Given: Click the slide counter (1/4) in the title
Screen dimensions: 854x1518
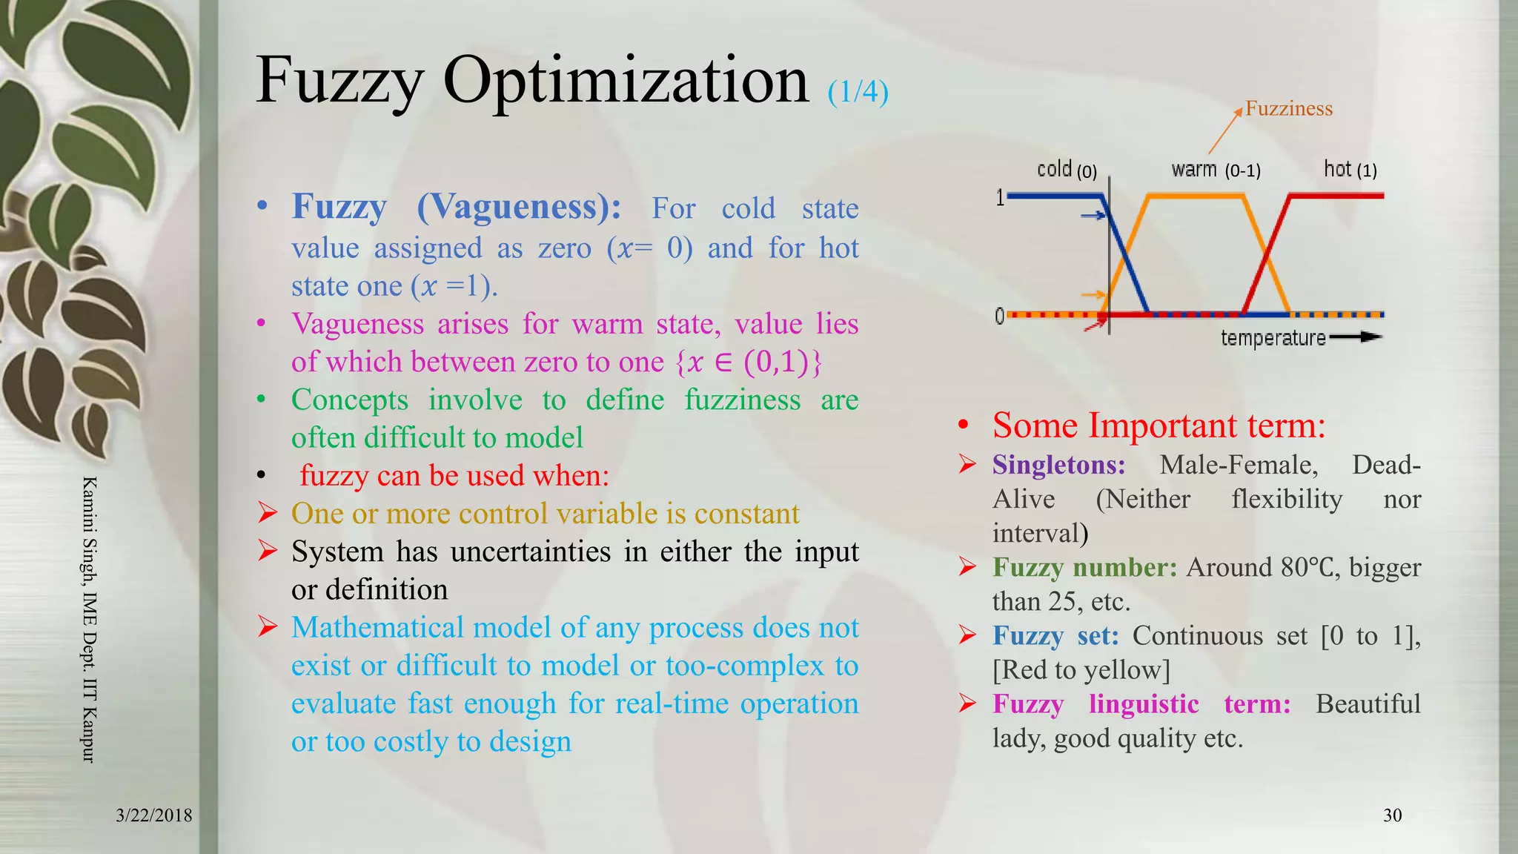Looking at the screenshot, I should (x=858, y=92).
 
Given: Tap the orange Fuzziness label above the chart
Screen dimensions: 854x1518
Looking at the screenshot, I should (x=1288, y=109).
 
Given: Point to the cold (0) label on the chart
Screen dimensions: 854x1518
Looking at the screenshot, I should (x=1066, y=170).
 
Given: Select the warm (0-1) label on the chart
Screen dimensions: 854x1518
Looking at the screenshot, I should (x=1216, y=170).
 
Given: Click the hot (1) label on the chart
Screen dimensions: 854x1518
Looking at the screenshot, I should (x=1350, y=170).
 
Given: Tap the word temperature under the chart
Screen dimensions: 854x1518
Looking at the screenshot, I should (x=1273, y=338).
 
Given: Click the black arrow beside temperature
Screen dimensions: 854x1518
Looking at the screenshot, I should (x=1356, y=337).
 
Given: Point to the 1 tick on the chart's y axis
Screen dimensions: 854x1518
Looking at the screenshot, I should (x=1000, y=197).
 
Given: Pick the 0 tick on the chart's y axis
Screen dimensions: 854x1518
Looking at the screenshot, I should (x=1000, y=317).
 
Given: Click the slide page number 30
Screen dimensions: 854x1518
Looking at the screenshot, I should (x=1392, y=815).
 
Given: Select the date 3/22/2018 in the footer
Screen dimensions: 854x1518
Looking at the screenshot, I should (x=154, y=815).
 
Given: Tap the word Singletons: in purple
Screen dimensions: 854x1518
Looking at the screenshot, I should (x=1058, y=465).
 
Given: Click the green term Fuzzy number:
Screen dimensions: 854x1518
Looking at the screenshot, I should (x=1084, y=567).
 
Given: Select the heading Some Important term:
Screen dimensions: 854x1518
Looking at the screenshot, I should (x=1159, y=426).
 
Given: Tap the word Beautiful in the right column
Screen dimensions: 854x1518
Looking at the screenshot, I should (x=1368, y=704).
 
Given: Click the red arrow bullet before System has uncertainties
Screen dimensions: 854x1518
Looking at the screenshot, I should (x=268, y=551).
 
